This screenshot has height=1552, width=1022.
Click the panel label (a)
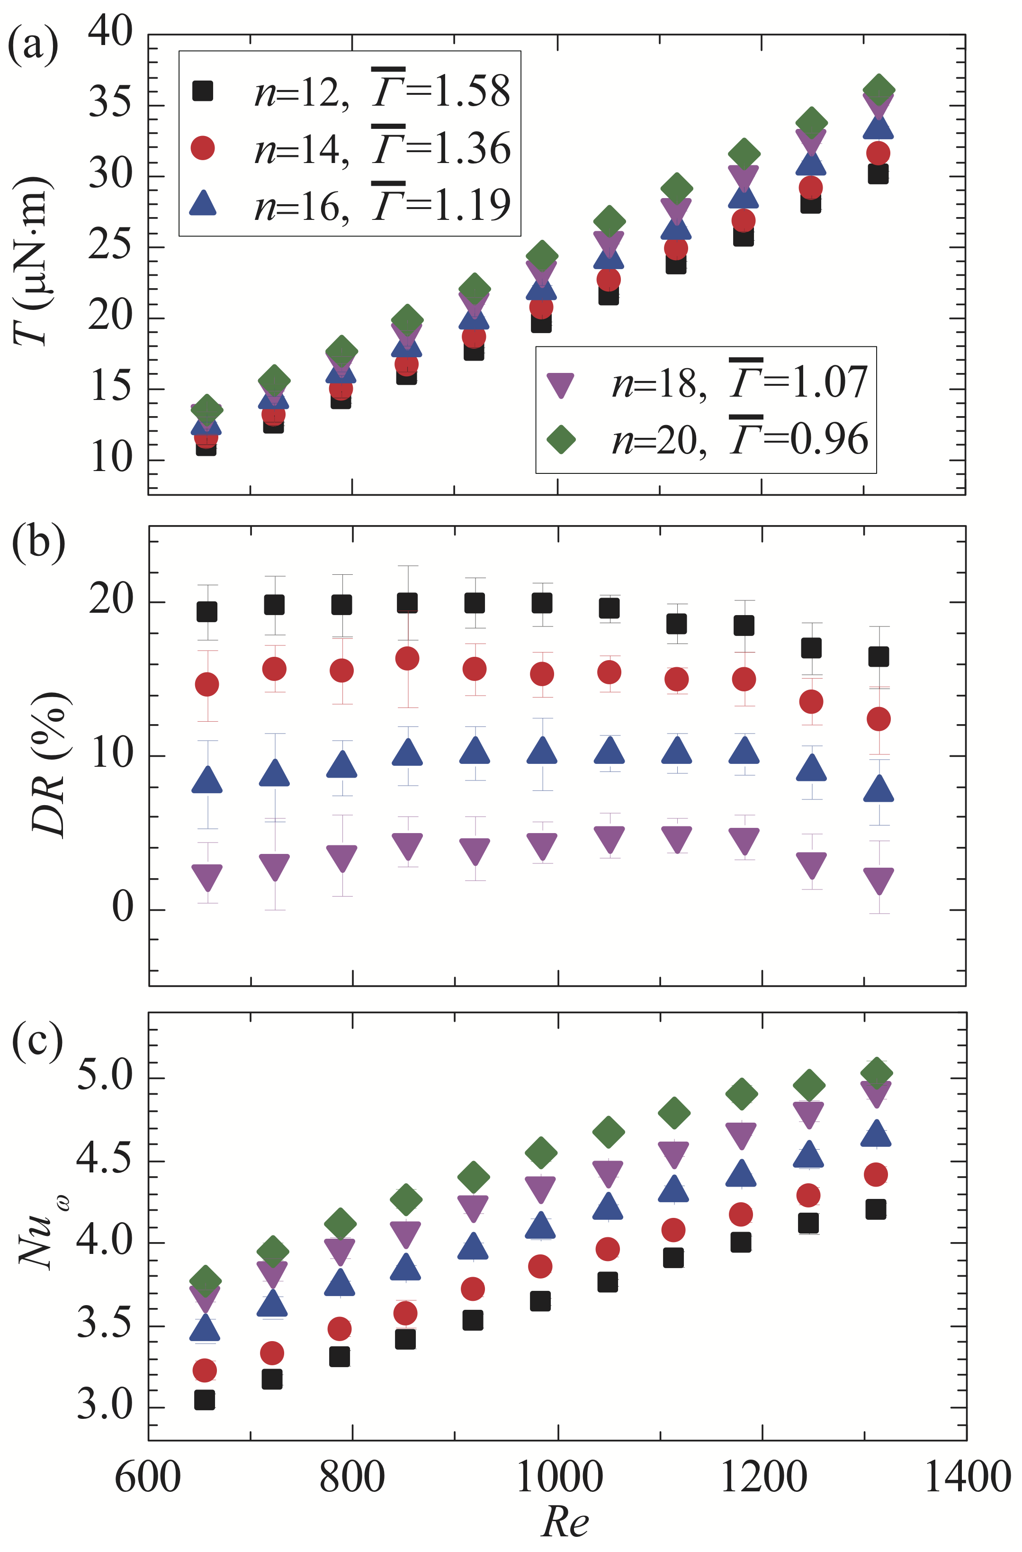pos(33,45)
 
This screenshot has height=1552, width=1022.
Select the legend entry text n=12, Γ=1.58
pos(382,91)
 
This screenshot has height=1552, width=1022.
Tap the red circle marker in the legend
pos(203,148)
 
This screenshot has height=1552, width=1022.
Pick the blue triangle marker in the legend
pos(203,203)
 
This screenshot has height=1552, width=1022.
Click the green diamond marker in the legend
pos(561,439)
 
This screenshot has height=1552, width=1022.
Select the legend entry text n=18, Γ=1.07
pos(739,382)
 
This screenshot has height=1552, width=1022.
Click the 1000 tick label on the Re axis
pos(559,1477)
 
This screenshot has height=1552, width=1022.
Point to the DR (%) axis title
pos(49,763)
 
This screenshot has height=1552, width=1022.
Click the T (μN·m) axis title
pos(31,261)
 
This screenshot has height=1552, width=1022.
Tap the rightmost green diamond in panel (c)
pos(876,1073)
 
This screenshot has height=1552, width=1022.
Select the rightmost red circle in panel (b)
pos(879,718)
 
